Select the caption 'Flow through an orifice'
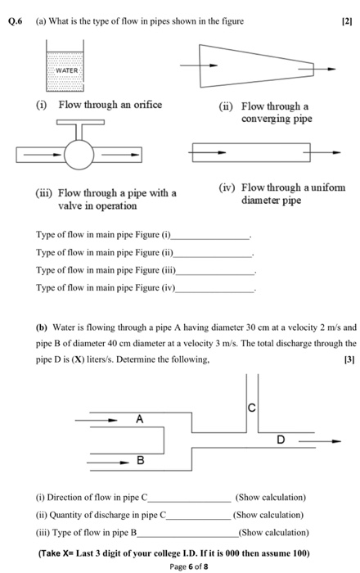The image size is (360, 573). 110,105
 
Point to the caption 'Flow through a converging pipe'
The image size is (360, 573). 274,113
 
